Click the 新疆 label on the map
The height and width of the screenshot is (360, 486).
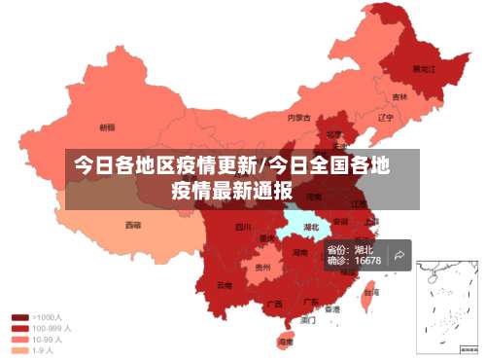click(107, 126)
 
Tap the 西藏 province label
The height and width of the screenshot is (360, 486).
click(132, 225)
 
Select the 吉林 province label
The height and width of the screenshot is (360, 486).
click(399, 97)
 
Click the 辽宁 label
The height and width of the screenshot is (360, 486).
click(385, 118)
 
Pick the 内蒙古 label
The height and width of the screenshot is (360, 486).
click(299, 118)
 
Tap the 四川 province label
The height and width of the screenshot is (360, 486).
click(242, 228)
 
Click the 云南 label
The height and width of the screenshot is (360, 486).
click(225, 285)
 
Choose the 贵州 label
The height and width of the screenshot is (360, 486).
click(261, 266)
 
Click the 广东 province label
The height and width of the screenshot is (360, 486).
click(312, 302)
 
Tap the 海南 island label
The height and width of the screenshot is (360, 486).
click(286, 342)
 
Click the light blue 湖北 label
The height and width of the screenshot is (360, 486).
click(311, 228)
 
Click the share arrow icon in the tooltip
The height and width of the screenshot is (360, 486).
click(399, 256)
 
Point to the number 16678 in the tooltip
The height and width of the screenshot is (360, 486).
click(367, 261)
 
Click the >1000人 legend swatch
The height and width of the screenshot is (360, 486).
click(19, 316)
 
